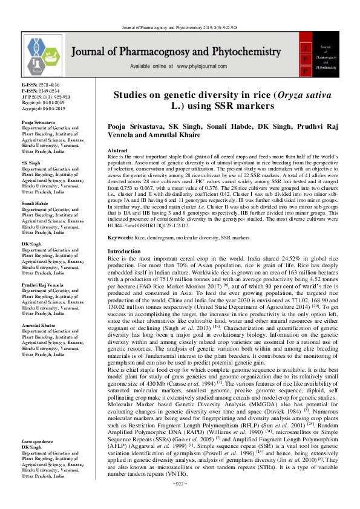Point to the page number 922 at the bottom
click(180, 500)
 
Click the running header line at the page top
click(180, 11)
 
